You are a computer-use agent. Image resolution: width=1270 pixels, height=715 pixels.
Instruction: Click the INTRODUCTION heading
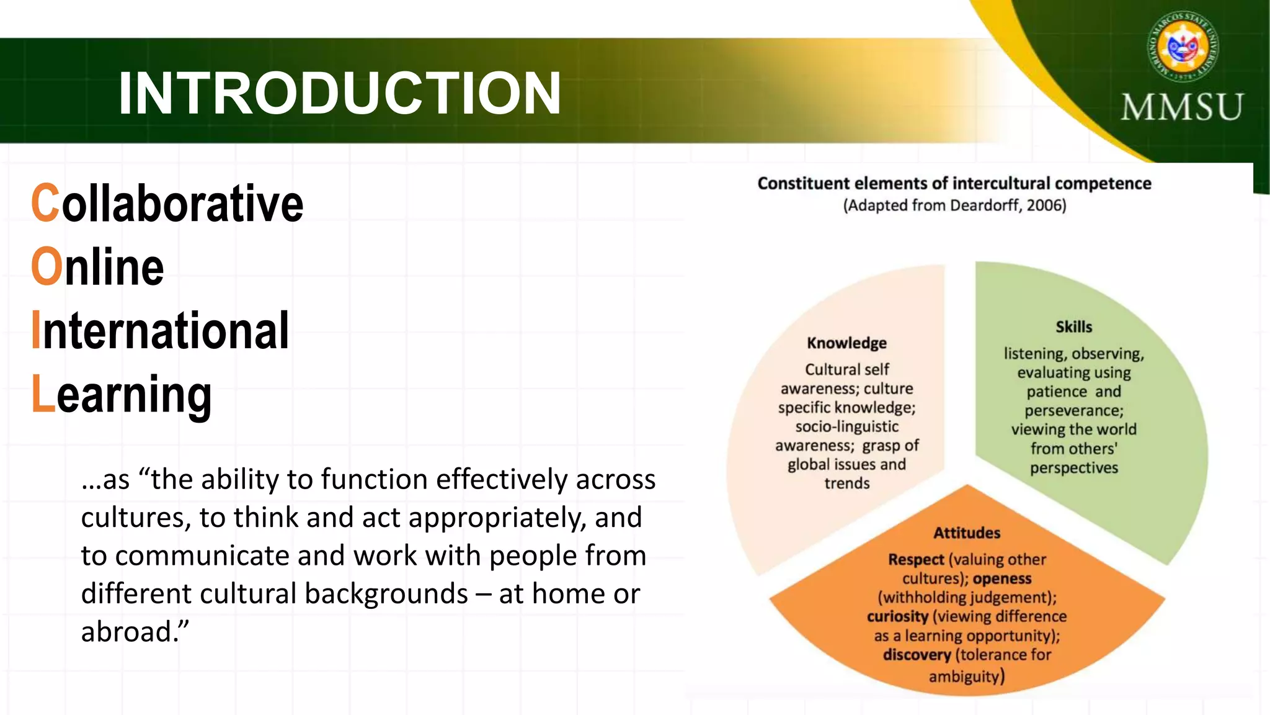(x=339, y=93)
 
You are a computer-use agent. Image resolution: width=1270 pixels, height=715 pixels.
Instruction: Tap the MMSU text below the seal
(x=1181, y=107)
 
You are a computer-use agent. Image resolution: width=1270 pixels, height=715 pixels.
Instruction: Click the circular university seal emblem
(x=1183, y=47)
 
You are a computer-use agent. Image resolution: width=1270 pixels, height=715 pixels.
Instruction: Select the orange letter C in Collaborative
(x=45, y=203)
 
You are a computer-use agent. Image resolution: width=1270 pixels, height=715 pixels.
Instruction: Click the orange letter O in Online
(x=47, y=266)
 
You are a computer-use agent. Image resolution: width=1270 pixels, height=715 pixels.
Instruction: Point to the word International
(x=160, y=330)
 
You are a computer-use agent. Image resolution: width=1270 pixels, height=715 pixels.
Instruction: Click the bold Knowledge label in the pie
(x=846, y=343)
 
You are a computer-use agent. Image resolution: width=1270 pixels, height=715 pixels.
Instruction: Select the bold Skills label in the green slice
(x=1073, y=327)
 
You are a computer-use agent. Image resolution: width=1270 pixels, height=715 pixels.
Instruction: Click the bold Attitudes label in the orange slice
(x=967, y=533)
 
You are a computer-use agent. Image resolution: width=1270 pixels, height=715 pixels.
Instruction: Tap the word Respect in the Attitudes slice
(x=915, y=559)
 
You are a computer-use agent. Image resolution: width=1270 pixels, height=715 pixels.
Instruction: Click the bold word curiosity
(x=897, y=616)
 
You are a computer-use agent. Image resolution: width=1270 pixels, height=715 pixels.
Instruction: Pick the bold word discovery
(x=917, y=655)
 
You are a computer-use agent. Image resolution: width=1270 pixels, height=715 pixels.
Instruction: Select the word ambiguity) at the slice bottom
(x=966, y=676)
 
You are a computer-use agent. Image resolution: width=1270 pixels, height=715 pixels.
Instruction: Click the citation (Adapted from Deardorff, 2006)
(x=954, y=205)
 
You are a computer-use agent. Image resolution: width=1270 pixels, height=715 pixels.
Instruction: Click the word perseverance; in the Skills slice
(x=1073, y=411)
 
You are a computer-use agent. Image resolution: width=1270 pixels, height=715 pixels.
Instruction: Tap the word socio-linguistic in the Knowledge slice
(x=846, y=426)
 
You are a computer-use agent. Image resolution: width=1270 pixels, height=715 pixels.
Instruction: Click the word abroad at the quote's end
(x=127, y=632)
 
